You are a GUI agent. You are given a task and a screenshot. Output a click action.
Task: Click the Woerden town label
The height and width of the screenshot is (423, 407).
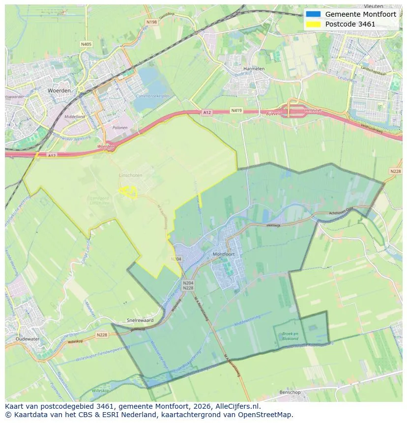(x=59, y=91)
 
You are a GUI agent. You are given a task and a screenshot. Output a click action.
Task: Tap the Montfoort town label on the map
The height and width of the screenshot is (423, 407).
(x=224, y=254)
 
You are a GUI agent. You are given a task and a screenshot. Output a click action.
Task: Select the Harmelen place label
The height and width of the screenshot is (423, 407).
(x=254, y=69)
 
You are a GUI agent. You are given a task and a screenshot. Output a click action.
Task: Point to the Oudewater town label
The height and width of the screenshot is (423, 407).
(x=27, y=339)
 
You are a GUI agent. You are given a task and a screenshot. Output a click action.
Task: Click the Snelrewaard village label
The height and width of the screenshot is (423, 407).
(x=140, y=320)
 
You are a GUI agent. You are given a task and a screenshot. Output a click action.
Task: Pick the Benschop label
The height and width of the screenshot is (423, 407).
(x=290, y=392)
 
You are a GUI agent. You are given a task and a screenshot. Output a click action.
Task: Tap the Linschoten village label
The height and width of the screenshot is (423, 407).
(x=130, y=175)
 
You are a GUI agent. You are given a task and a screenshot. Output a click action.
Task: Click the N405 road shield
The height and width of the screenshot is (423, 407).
(x=86, y=44)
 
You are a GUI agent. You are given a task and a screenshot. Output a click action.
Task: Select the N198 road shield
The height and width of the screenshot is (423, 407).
(x=151, y=22)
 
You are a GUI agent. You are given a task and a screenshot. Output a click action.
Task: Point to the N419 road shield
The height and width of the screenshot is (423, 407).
(x=237, y=111)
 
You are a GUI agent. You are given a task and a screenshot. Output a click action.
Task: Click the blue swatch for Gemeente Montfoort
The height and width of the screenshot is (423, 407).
(x=313, y=14)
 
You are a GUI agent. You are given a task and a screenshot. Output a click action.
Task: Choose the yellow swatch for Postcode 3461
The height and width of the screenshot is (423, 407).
(x=313, y=24)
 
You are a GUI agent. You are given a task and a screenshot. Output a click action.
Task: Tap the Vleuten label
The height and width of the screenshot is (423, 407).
(x=374, y=7)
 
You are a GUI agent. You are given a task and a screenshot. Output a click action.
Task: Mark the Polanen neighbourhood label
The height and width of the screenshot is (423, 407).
(x=120, y=128)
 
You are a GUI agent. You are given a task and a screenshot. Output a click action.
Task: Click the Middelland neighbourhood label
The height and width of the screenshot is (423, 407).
(x=75, y=117)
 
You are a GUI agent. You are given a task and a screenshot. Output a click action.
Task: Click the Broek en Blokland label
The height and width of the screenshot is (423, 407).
(x=290, y=336)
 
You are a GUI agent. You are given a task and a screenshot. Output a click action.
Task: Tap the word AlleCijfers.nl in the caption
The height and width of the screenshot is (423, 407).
(x=234, y=406)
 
